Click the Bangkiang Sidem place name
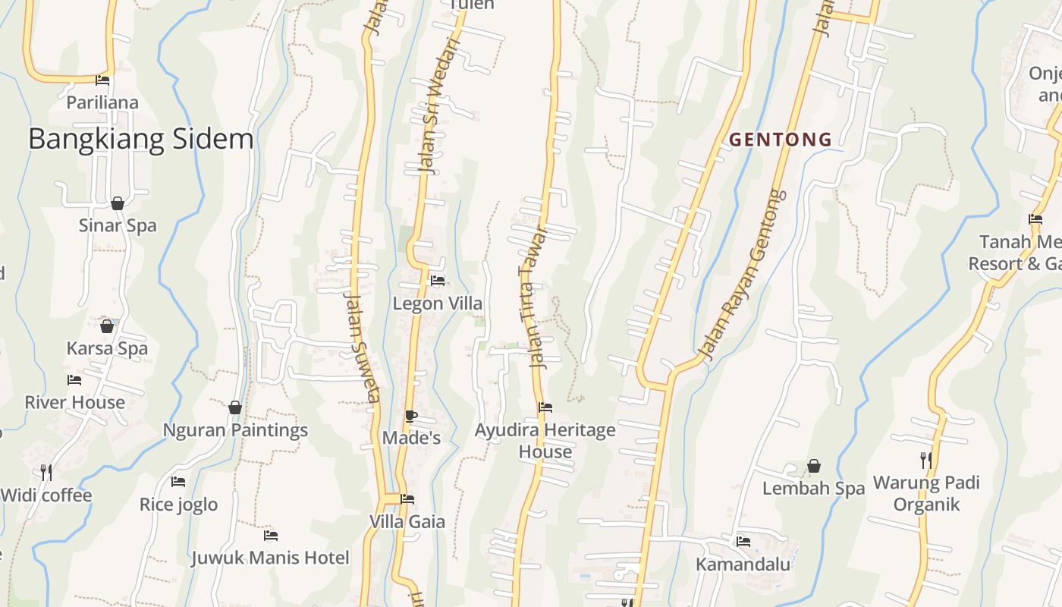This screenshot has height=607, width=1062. point(141,140)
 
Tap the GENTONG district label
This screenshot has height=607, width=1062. point(781,140)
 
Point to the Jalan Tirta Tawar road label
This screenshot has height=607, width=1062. point(533,297)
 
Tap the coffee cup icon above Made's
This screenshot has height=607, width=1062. point(410,416)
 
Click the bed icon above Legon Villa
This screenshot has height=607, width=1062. point(438,281)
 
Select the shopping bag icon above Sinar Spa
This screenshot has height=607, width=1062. point(118,203)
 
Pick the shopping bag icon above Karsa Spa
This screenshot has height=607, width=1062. point(107,326)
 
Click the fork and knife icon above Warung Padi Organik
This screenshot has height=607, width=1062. point(926,460)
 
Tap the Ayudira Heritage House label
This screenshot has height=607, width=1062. point(545,441)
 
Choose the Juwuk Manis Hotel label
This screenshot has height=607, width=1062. point(270,558)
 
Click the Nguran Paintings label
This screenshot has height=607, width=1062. point(235,430)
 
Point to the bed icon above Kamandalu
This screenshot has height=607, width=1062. point(743,542)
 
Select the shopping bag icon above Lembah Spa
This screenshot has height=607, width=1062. point(814,466)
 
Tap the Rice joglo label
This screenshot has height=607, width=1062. point(178,505)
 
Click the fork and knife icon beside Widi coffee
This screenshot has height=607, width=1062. point(46,473)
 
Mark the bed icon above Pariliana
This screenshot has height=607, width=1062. point(102,80)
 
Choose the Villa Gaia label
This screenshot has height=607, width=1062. point(407,522)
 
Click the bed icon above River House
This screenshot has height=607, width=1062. point(74,379)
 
